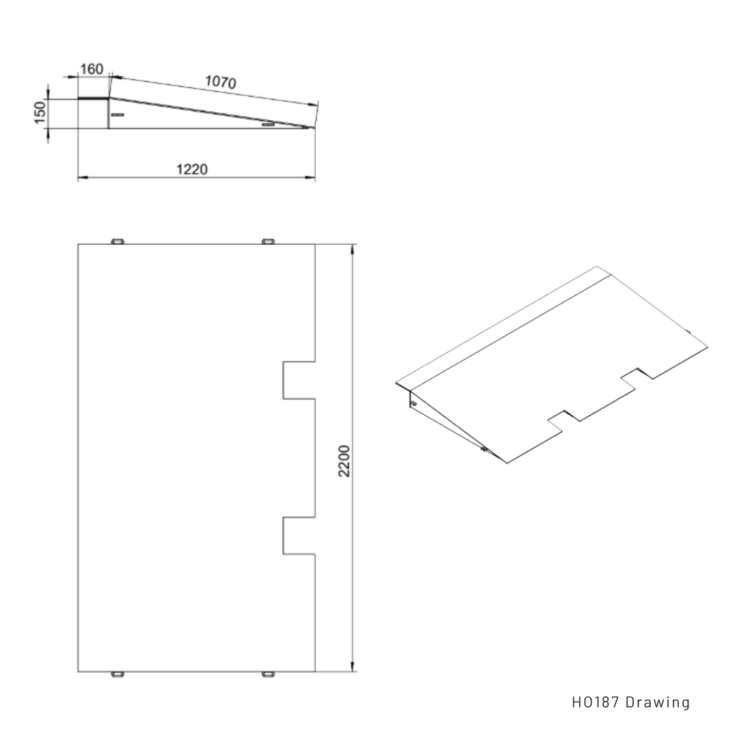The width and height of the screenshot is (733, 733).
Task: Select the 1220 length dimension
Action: tap(192, 169)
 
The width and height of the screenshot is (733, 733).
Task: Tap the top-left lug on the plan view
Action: tap(118, 241)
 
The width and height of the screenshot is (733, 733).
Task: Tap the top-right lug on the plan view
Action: tap(269, 241)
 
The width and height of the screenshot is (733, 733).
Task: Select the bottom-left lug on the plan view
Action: tap(118, 673)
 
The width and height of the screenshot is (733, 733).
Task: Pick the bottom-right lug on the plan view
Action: tap(269, 673)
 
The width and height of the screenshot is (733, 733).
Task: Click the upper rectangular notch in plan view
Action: tap(298, 380)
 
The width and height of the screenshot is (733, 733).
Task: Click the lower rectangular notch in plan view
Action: tap(298, 535)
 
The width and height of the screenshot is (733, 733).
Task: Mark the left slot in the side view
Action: tap(118, 115)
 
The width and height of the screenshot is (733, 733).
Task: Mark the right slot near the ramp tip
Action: tap(268, 125)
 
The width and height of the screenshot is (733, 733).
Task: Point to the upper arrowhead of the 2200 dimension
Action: tap(353, 249)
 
